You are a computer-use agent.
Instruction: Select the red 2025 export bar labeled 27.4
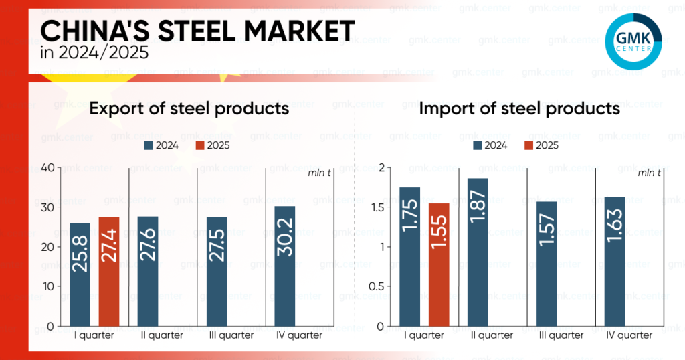click(x=109, y=271)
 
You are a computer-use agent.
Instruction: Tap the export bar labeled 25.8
click(x=80, y=274)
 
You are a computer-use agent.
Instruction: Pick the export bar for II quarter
click(x=149, y=271)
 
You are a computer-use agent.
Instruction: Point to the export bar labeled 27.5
click(x=216, y=271)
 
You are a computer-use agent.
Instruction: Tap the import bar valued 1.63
click(x=614, y=261)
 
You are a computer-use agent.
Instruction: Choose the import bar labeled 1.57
click(x=546, y=264)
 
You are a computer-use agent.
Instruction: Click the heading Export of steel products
click(x=189, y=108)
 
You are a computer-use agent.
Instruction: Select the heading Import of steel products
click(x=519, y=108)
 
